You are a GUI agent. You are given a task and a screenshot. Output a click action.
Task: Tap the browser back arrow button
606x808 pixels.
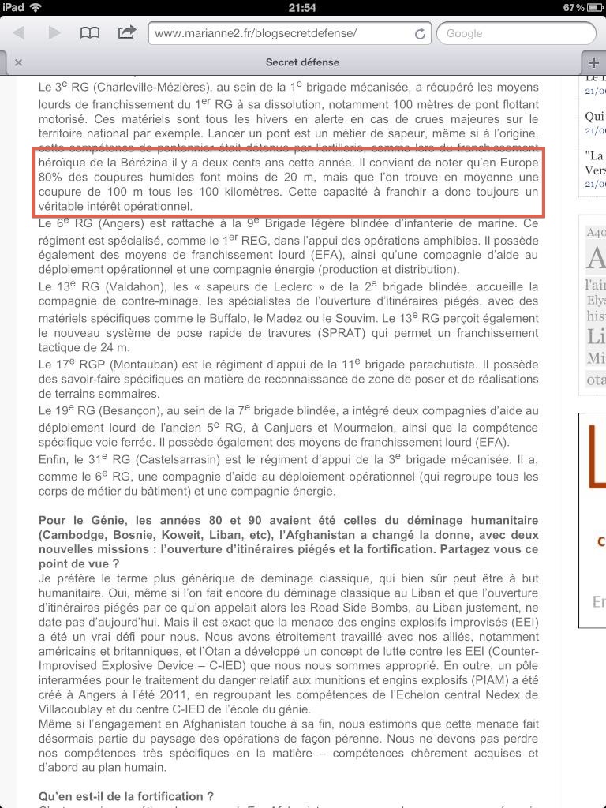19,32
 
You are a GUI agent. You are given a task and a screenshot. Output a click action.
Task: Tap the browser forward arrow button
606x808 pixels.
54,32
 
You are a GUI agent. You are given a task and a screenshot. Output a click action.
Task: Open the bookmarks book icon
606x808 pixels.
91,32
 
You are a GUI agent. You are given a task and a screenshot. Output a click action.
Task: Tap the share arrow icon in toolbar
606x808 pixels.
126,32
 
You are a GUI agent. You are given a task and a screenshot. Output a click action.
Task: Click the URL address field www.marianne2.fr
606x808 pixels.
280,33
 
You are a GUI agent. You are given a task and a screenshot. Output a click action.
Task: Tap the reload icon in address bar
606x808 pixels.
420,33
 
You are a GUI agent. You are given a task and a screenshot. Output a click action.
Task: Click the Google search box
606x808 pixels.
516,33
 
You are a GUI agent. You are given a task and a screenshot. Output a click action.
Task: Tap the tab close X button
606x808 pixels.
18,62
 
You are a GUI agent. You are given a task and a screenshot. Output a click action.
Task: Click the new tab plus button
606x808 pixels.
593,62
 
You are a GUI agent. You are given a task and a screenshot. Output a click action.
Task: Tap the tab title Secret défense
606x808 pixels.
302,62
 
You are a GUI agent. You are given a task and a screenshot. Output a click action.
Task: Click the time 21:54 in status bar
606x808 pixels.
302,7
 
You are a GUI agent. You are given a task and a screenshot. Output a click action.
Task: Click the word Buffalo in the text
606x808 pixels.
248,317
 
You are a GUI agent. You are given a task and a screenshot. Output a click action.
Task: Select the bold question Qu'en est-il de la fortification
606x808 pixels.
126,797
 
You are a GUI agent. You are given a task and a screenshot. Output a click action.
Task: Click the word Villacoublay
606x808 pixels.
75,709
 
